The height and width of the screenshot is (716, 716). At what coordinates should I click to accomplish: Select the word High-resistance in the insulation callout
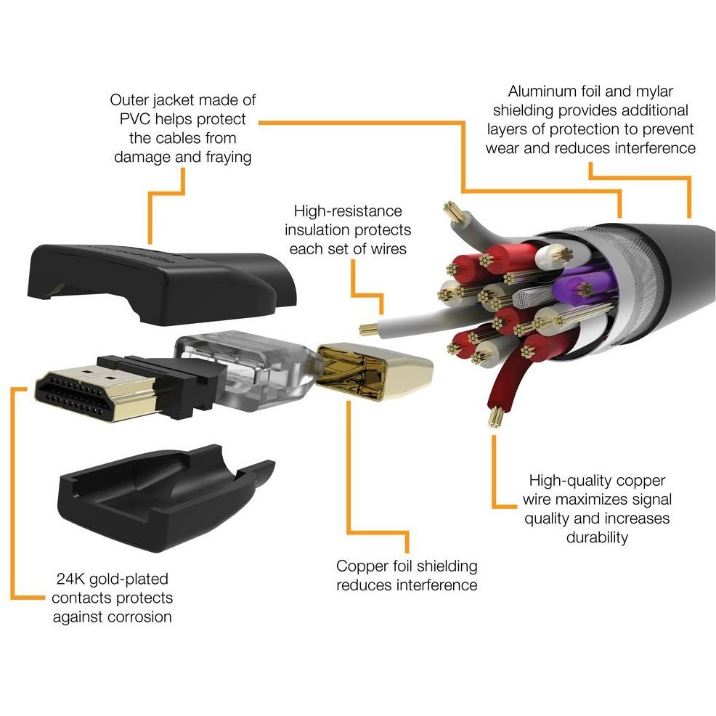point(347,211)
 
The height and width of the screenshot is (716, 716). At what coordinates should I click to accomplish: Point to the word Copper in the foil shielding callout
point(361,566)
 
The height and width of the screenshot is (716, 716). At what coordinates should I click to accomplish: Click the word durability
point(597,537)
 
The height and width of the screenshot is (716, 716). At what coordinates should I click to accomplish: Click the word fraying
point(224,156)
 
